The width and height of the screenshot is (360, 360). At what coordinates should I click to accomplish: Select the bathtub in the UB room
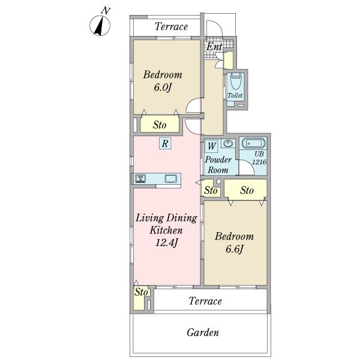tap(253, 143)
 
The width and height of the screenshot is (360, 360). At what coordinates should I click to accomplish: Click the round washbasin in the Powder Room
tap(228, 144)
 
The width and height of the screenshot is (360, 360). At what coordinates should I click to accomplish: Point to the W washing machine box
tap(211, 146)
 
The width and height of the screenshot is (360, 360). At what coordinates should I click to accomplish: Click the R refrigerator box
tap(165, 143)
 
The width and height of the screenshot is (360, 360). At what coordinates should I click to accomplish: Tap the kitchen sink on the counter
tap(170, 179)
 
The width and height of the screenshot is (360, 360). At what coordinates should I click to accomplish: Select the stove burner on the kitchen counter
tap(140, 178)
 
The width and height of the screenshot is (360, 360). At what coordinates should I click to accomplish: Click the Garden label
tap(203, 332)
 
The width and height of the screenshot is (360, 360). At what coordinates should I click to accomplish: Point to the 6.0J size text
tap(163, 88)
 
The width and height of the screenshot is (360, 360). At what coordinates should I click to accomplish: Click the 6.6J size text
tap(234, 250)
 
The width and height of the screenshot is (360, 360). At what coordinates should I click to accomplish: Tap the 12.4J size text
tap(166, 242)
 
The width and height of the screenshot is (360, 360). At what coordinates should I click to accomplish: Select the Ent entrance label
tap(214, 47)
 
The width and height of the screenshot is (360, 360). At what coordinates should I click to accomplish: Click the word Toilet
tap(235, 95)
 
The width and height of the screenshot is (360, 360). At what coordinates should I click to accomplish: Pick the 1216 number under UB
tap(259, 162)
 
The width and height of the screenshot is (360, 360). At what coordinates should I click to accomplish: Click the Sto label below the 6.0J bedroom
tap(160, 125)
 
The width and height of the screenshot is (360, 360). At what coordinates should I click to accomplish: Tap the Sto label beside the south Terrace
tap(141, 292)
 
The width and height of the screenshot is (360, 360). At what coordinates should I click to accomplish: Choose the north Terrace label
tap(171, 26)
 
